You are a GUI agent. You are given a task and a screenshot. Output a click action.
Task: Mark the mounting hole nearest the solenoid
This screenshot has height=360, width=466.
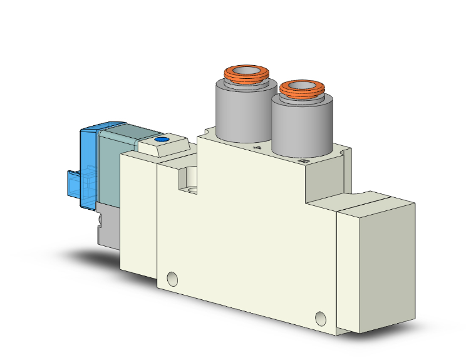172,277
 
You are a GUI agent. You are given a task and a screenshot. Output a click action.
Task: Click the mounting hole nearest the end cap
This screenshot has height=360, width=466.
321,317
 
